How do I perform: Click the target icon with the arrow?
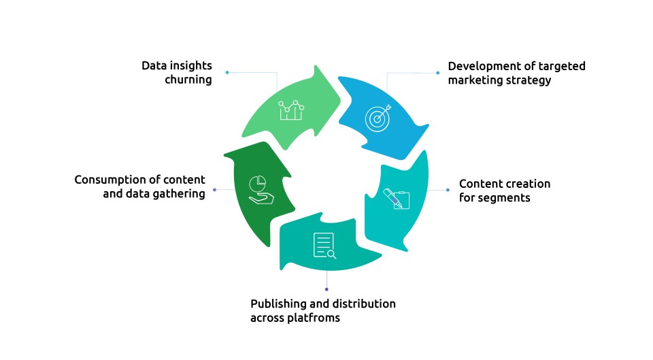378,117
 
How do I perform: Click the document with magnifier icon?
324,246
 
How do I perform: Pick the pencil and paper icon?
397,199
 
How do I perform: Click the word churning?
188,80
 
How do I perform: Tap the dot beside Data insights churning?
227,72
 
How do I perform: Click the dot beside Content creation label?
448,190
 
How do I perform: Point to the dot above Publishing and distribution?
326,289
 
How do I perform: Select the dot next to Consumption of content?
215,189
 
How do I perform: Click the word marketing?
474,80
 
